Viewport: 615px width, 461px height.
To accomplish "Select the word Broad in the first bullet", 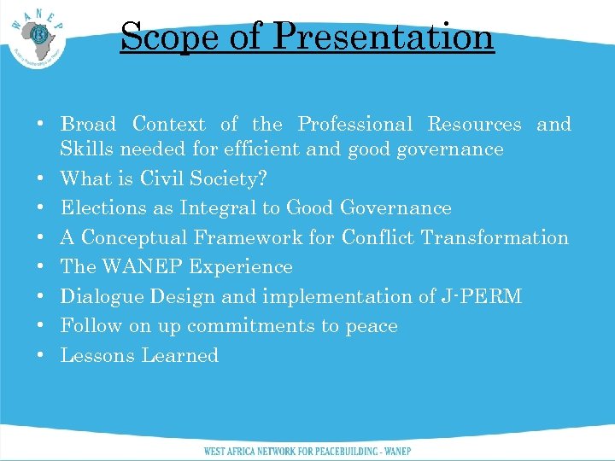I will point(89,125).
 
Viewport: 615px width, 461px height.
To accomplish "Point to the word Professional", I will point(354,125).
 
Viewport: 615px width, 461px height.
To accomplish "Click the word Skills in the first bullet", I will point(87,149).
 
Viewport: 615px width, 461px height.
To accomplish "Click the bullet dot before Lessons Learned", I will point(41,356).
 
